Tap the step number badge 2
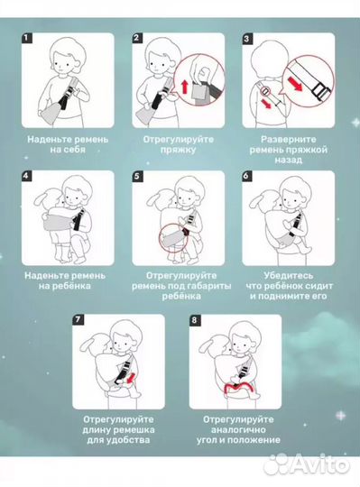coord(138,40)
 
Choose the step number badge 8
coord(193,320)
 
